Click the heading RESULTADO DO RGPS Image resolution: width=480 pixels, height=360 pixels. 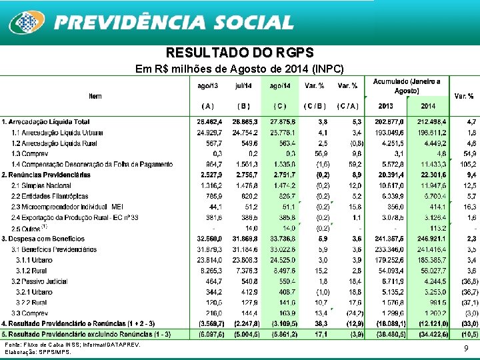pyautogui.click(x=239, y=53)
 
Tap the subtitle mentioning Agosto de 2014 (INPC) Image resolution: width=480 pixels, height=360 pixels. pyautogui.click(x=239, y=68)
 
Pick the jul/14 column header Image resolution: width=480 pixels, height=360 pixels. pyautogui.click(x=243, y=86)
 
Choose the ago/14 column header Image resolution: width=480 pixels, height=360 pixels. pyautogui.click(x=279, y=86)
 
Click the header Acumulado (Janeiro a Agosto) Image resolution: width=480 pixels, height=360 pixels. pyautogui.click(x=406, y=85)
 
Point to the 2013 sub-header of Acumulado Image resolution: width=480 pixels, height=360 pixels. pyautogui.click(x=385, y=106)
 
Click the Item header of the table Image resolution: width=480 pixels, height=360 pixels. pyautogui.click(x=95, y=96)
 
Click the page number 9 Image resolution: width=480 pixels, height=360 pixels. pyautogui.click(x=465, y=348)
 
